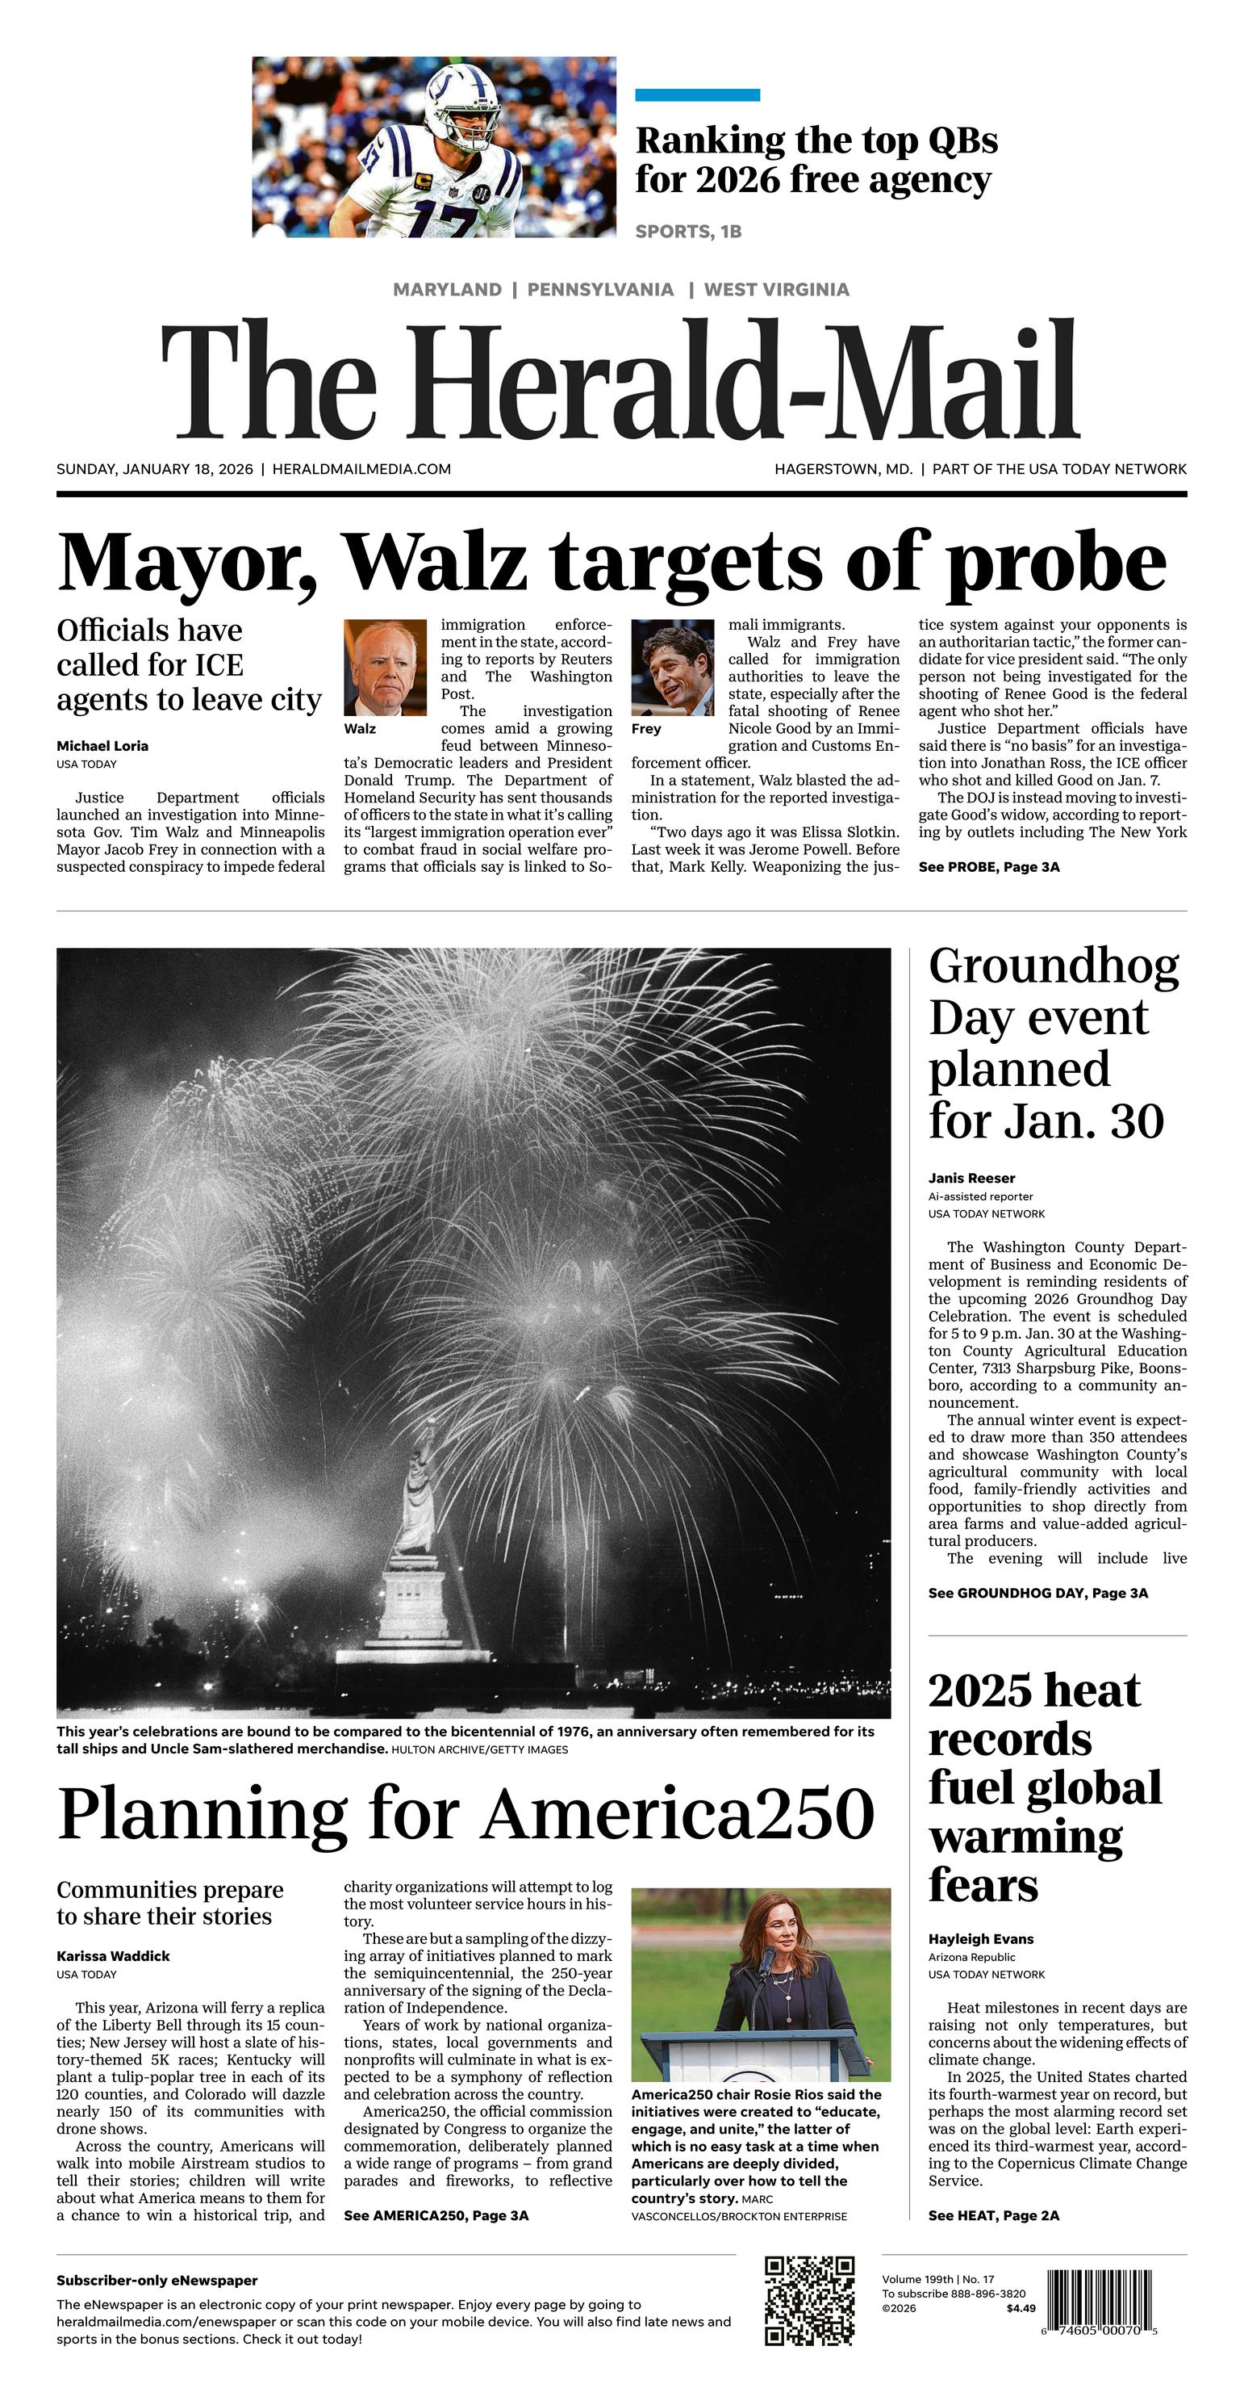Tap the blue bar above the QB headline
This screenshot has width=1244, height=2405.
(697, 94)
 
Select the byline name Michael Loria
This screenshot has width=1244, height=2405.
(102, 746)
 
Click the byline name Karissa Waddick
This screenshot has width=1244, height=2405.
(113, 1956)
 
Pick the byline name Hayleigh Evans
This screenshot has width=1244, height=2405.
(980, 1939)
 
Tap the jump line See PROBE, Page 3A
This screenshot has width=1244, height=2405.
(988, 867)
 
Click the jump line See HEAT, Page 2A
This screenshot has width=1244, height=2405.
(993, 2215)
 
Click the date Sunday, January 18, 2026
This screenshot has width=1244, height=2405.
(155, 469)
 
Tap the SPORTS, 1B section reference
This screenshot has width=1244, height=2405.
(688, 232)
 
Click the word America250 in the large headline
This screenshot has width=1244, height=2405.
(678, 1813)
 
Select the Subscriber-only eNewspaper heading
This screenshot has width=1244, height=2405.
(157, 2281)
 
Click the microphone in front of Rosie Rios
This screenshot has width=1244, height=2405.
(768, 1961)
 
